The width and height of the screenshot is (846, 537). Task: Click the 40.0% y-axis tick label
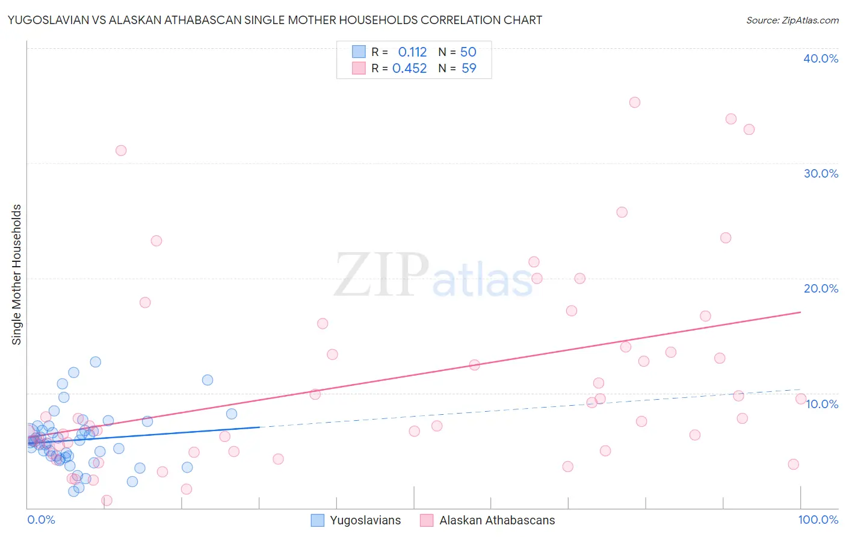pyautogui.click(x=820, y=58)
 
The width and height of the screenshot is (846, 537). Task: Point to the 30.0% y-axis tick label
pyautogui.click(x=820, y=173)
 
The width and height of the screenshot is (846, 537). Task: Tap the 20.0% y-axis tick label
pyautogui.click(x=820, y=288)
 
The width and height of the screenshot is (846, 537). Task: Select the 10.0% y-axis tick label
pyautogui.click(x=821, y=404)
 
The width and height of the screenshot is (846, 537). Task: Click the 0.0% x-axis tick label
pyautogui.click(x=41, y=520)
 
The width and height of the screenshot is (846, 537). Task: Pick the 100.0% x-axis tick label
pyautogui.click(x=818, y=520)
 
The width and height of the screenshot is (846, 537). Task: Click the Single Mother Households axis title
pyautogui.click(x=17, y=275)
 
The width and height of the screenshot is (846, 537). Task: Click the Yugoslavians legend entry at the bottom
pyautogui.click(x=365, y=520)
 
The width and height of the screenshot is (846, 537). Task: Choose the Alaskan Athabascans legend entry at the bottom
pyautogui.click(x=496, y=520)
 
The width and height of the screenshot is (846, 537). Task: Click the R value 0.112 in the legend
pyautogui.click(x=412, y=52)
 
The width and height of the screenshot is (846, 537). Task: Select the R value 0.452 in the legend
pyautogui.click(x=409, y=69)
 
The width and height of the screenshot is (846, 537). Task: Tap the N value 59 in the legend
pyautogui.click(x=469, y=69)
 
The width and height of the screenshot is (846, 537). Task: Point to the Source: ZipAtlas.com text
pyautogui.click(x=792, y=20)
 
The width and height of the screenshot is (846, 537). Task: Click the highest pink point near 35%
pyautogui.click(x=634, y=102)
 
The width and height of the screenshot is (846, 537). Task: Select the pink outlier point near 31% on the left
pyautogui.click(x=121, y=151)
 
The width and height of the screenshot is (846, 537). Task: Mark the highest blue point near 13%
pyautogui.click(x=95, y=362)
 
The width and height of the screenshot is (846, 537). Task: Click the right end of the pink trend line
pyautogui.click(x=800, y=312)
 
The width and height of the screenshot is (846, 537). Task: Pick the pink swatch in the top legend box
pyautogui.click(x=359, y=69)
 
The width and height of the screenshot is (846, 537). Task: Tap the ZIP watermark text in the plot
pyautogui.click(x=381, y=276)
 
